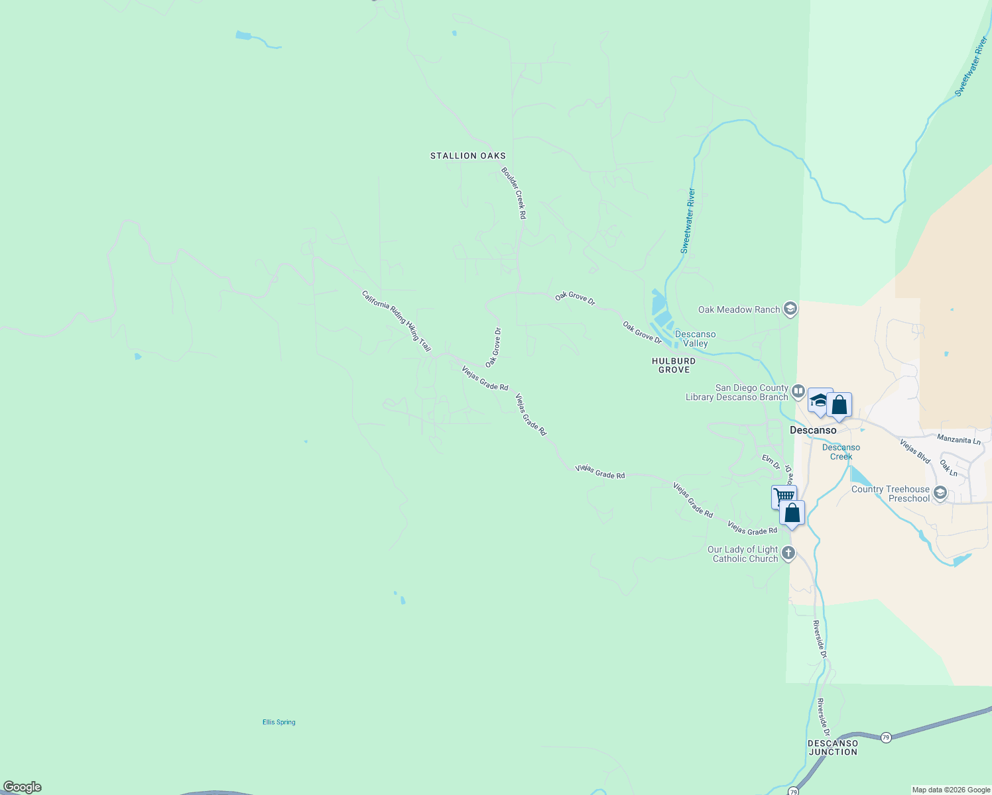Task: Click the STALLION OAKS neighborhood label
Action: (x=467, y=156)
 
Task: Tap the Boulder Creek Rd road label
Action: (x=513, y=193)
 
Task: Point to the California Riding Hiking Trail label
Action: (x=396, y=321)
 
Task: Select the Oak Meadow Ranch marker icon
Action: (x=790, y=309)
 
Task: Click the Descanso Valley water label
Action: (x=695, y=339)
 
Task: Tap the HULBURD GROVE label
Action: (x=674, y=365)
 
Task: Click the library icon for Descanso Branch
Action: (x=797, y=392)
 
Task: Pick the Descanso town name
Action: (x=813, y=430)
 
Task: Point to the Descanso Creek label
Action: (x=841, y=452)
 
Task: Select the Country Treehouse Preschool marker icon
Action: (x=940, y=492)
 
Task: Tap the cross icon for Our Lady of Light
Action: (x=788, y=553)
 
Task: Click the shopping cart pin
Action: (x=783, y=496)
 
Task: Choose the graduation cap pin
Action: (x=819, y=399)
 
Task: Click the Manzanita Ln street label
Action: (x=958, y=439)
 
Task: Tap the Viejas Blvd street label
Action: (x=915, y=450)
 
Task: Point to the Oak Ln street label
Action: (x=948, y=468)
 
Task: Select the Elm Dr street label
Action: (x=771, y=462)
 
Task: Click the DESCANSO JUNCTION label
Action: (x=833, y=747)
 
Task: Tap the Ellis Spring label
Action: (x=279, y=722)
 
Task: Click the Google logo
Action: (x=22, y=787)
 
